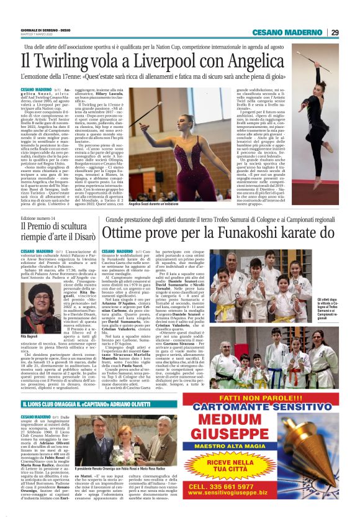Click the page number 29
coord(335,32)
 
